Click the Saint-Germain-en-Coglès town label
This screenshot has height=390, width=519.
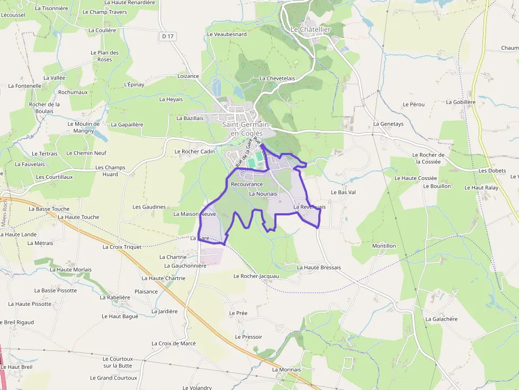[x=246, y=129]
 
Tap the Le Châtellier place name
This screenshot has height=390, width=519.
[x=310, y=30]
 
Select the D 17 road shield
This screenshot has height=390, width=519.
[x=168, y=36]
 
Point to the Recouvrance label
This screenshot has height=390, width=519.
[x=247, y=184]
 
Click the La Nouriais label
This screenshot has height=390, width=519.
[x=263, y=194]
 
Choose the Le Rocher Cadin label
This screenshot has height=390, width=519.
[x=195, y=151]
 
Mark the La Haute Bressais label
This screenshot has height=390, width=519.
[x=319, y=268]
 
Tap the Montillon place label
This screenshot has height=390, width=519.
[x=384, y=246]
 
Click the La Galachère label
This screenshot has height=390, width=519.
[x=441, y=319]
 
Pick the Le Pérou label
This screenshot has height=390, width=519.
[x=414, y=104]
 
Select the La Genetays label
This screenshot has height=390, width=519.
[x=388, y=124]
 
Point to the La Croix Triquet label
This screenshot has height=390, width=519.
[x=122, y=247]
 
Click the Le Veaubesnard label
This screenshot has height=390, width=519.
[x=227, y=34]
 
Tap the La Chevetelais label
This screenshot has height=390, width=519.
[x=277, y=78]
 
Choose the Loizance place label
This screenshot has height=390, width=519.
[x=188, y=76]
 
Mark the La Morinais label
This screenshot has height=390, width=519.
[x=287, y=369]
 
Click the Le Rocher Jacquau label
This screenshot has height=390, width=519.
[x=256, y=276]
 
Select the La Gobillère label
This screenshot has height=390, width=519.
[x=461, y=102]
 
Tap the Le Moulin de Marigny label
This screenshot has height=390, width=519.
[x=84, y=127]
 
